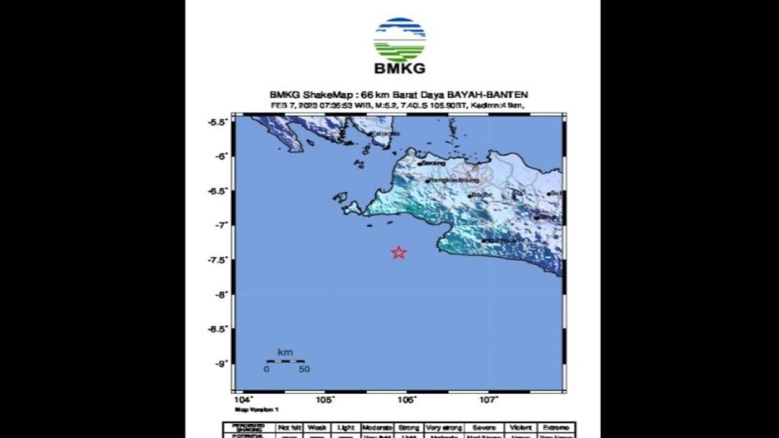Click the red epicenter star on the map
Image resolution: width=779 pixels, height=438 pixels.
399,252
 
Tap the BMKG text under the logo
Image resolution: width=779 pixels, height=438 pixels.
399,69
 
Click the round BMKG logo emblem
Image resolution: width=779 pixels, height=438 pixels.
399,38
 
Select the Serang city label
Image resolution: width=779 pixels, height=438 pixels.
433,163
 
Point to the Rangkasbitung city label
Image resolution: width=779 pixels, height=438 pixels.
453,181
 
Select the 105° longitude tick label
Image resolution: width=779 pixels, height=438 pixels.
326,400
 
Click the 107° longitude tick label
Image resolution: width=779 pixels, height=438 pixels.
489,400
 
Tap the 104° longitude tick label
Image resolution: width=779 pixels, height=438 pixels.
243,400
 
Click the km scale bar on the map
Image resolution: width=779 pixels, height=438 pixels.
285,361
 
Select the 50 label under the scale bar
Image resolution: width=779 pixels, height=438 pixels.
304,369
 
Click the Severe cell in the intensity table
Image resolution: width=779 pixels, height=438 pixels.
484,428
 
